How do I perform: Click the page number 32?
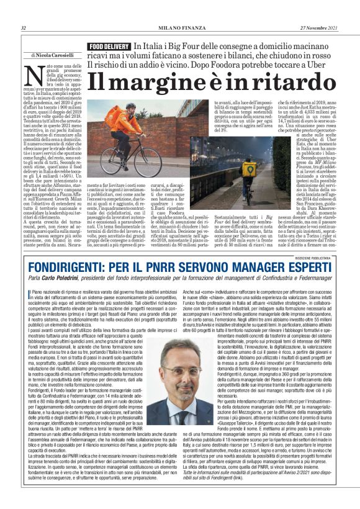[23, 28]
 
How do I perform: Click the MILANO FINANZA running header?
[179, 28]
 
